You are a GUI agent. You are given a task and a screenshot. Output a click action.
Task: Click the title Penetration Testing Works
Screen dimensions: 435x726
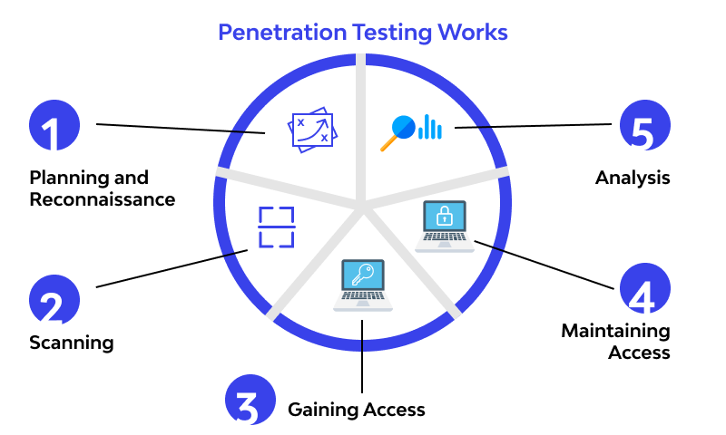tap(363, 32)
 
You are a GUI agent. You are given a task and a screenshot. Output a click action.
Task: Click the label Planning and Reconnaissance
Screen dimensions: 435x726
tap(102, 188)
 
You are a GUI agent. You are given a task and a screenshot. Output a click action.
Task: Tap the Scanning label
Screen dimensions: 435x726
tap(71, 343)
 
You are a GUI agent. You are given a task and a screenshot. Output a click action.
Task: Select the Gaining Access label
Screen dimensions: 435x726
tap(356, 410)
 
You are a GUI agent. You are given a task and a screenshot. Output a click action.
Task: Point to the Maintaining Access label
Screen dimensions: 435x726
tap(615, 342)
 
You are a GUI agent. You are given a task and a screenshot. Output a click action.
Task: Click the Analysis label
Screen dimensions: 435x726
tap(633, 178)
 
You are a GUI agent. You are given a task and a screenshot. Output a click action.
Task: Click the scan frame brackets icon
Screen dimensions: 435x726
tap(277, 227)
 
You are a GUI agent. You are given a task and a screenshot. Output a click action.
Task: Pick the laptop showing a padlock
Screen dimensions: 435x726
tap(445, 226)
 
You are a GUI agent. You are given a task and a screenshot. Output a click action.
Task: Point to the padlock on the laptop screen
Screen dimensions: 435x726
tap(445, 217)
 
